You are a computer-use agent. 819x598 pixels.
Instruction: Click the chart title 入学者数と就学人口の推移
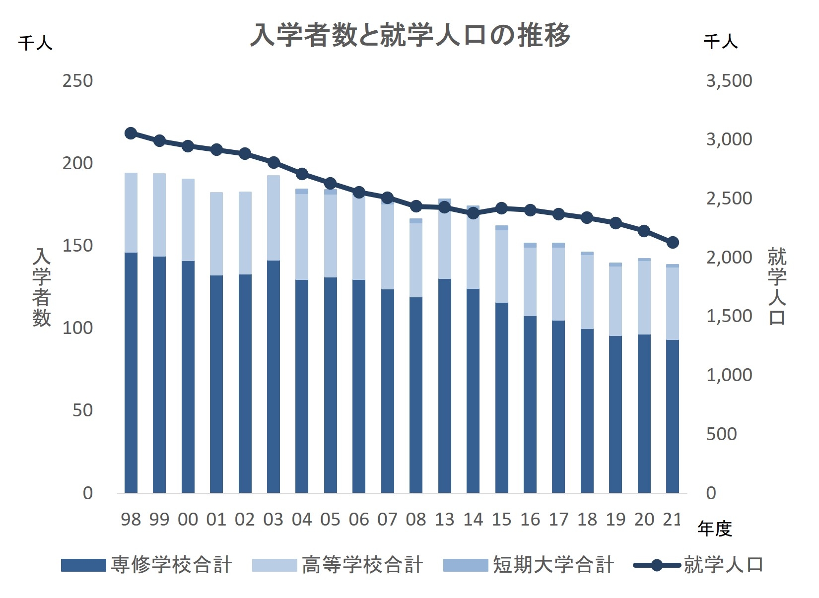409,35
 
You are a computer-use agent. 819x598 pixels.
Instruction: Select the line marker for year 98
131,133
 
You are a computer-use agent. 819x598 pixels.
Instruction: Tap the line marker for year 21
673,242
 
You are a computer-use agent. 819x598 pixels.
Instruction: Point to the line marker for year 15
502,208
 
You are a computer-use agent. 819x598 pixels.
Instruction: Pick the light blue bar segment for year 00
188,219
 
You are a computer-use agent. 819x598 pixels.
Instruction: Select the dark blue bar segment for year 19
615,414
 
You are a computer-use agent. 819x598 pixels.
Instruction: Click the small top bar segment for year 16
530,245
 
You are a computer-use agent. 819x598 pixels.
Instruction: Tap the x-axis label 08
416,520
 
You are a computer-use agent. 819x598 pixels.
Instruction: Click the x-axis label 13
444,520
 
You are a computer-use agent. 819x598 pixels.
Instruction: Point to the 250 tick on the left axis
77,81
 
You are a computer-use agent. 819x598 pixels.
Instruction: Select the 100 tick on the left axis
77,328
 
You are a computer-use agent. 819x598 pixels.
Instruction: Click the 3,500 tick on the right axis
729,81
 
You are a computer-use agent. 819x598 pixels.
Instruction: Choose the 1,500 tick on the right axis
729,316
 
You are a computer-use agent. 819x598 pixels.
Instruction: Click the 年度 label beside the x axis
714,529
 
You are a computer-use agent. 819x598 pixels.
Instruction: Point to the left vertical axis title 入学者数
42,288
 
